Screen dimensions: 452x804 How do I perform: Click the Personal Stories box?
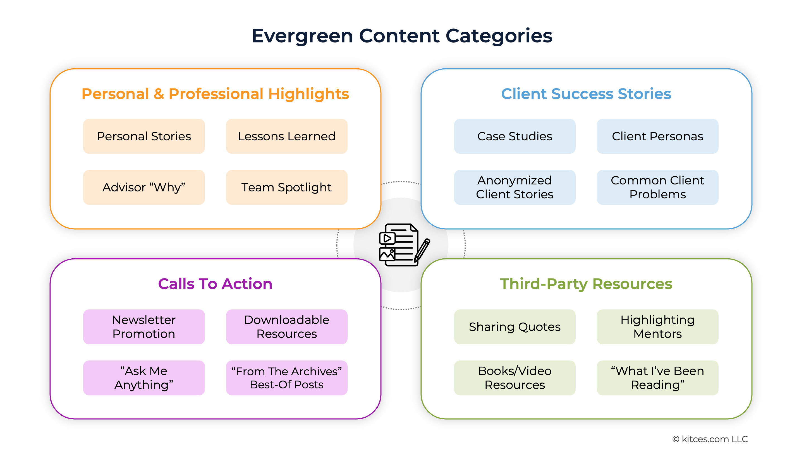click(x=144, y=136)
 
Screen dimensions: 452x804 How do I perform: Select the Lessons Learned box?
click(x=286, y=136)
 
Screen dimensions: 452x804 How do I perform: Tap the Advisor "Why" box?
click(x=144, y=187)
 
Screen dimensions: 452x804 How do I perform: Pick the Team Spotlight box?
click(x=286, y=187)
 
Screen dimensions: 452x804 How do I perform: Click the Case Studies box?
click(x=515, y=136)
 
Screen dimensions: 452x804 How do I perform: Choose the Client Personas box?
click(x=657, y=136)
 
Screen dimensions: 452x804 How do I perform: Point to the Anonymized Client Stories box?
click(x=515, y=187)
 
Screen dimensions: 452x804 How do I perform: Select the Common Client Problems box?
click(x=657, y=187)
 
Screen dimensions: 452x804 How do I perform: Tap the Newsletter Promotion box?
click(x=144, y=327)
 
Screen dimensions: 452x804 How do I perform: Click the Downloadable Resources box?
click(x=286, y=327)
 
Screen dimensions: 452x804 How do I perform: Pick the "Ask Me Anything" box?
click(x=144, y=378)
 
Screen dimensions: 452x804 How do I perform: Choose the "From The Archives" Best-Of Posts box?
click(x=286, y=378)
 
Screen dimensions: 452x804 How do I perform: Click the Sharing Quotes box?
click(x=515, y=327)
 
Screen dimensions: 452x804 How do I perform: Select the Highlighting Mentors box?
click(x=657, y=327)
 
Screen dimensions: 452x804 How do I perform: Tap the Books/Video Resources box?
click(x=515, y=378)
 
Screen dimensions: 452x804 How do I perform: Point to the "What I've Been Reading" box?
click(x=657, y=378)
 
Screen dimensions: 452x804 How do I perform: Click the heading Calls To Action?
click(x=215, y=284)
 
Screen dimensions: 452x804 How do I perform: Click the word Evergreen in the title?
click(x=302, y=36)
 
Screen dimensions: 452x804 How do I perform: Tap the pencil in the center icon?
click(x=422, y=250)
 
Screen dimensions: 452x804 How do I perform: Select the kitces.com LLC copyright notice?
click(x=710, y=439)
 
